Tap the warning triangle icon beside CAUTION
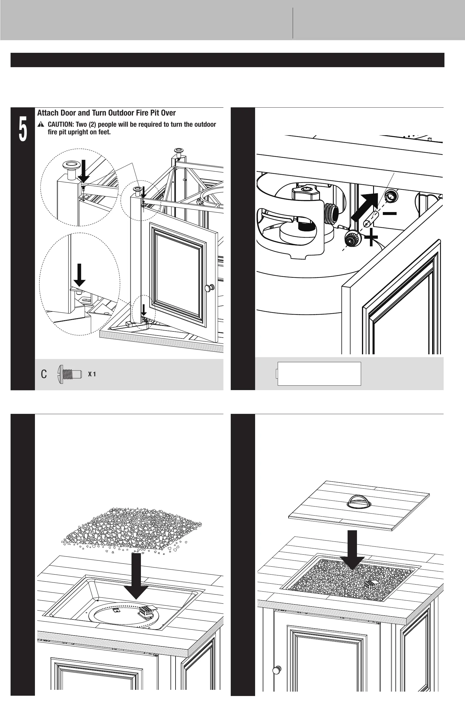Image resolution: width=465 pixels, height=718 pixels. pyautogui.click(x=41, y=125)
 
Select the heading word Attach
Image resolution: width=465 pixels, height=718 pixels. pyautogui.click(x=47, y=113)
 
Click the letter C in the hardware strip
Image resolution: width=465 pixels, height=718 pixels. pyautogui.click(x=44, y=374)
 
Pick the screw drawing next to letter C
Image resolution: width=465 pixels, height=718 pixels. pyautogui.click(x=69, y=374)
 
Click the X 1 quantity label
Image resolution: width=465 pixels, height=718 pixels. pyautogui.click(x=92, y=374)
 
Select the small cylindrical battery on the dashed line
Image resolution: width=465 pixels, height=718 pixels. pyautogui.click(x=371, y=220)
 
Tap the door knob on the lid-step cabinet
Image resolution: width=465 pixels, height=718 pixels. pyautogui.click(x=276, y=670)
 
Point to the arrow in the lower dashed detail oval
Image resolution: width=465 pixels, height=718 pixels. pyautogui.click(x=80, y=275)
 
